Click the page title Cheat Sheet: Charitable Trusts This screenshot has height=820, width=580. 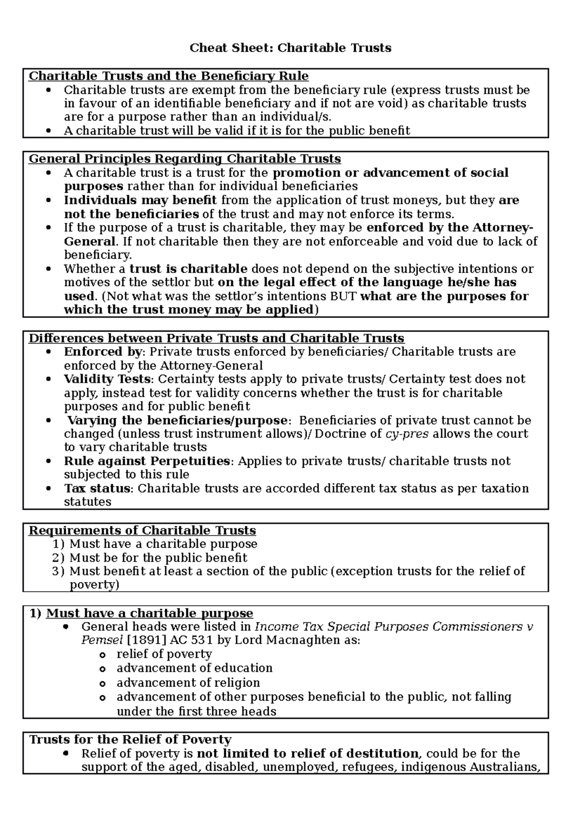(290, 48)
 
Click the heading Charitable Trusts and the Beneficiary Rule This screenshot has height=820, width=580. (169, 76)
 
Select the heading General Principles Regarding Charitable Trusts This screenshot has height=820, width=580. (185, 159)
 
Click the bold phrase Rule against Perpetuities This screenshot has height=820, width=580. (147, 461)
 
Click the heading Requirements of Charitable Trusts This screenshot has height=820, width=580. (143, 531)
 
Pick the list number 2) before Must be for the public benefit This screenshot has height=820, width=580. (58, 558)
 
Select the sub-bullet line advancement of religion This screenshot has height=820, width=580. (188, 682)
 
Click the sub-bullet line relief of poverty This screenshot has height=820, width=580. (164, 654)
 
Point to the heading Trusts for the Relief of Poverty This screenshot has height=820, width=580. (130, 739)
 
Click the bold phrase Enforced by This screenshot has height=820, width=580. (103, 352)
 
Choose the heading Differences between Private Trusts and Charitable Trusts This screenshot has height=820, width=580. (217, 338)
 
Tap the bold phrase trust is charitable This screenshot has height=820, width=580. (188, 269)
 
